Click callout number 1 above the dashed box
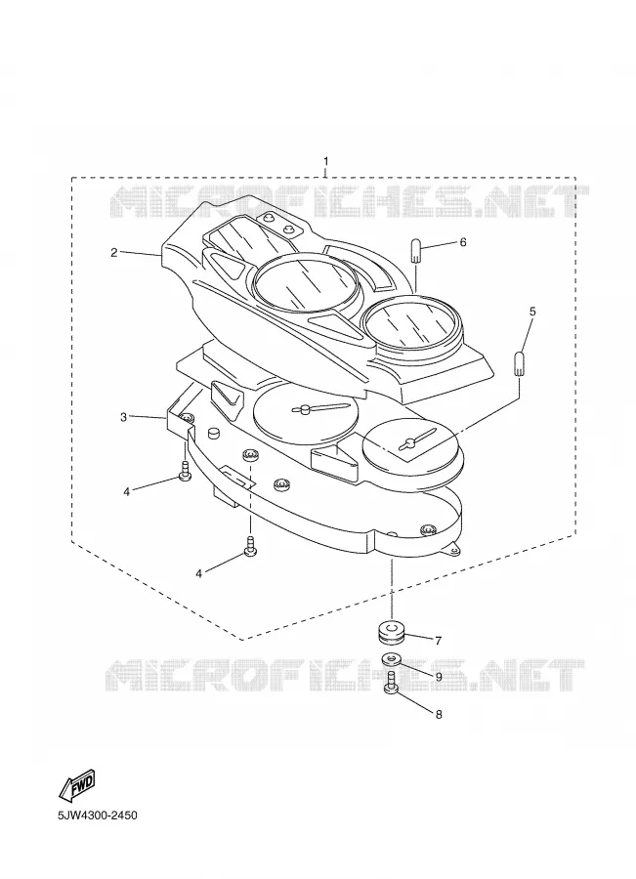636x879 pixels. click(x=326, y=161)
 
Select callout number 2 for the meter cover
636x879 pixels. click(x=114, y=252)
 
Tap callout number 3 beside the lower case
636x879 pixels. click(x=123, y=417)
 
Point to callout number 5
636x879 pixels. click(x=532, y=311)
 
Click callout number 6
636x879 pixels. click(x=463, y=242)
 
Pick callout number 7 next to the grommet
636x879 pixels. click(x=438, y=640)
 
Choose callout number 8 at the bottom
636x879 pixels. click(x=439, y=714)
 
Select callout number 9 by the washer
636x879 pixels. click(x=439, y=677)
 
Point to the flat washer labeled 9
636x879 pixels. click(x=392, y=659)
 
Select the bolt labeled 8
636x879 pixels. click(x=392, y=683)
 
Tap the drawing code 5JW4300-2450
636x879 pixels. click(x=97, y=816)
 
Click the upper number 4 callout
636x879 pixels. click(x=127, y=491)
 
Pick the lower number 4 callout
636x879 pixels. click(x=198, y=572)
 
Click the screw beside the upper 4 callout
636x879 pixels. click(x=185, y=471)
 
